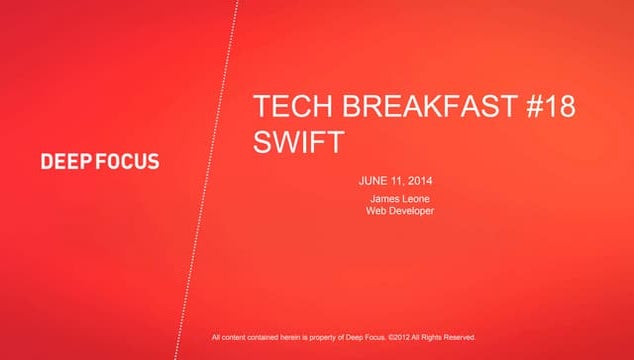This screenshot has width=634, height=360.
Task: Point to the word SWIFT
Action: coord(297,142)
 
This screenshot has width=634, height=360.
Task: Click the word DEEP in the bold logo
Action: coord(66,162)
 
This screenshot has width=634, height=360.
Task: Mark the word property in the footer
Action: coord(322,337)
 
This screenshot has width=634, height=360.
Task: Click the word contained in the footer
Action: coord(263,337)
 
